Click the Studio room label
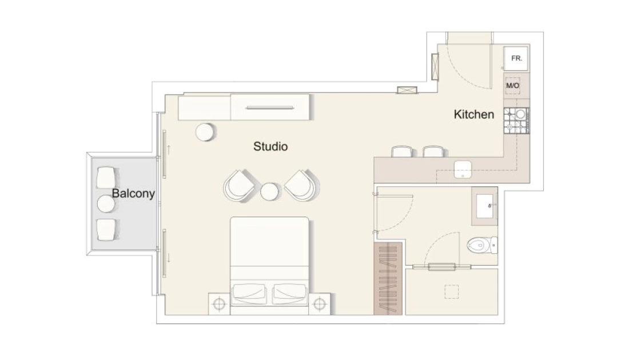click(270, 146)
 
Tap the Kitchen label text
click(474, 114)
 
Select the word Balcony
click(133, 193)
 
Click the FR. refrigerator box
click(516, 58)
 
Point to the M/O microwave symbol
click(513, 86)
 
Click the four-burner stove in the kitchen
click(516, 121)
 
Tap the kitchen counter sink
click(463, 169)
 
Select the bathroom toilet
click(482, 245)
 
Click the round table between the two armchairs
click(269, 191)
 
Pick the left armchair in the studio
click(240, 186)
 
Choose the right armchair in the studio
click(302, 186)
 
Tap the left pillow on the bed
click(249, 294)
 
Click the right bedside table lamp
click(319, 304)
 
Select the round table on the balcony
click(106, 203)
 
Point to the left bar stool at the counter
click(401, 151)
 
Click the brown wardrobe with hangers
click(388, 279)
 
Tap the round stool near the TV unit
click(205, 131)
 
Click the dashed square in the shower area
click(452, 291)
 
